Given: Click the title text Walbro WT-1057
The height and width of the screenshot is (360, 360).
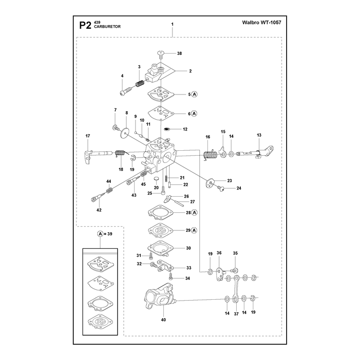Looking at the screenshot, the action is pyautogui.click(x=261, y=22).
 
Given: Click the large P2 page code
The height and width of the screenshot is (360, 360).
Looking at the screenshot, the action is pyautogui.click(x=85, y=25).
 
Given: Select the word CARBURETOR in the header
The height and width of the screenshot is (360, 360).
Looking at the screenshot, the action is pyautogui.click(x=107, y=27).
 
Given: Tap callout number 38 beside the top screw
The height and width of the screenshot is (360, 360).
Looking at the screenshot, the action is pyautogui.click(x=179, y=53).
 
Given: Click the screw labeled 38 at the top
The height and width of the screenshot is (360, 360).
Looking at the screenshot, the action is pyautogui.click(x=161, y=54).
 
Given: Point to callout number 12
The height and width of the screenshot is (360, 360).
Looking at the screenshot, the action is pyautogui.click(x=185, y=129).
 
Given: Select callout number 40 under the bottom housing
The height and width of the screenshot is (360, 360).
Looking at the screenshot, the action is pyautogui.click(x=163, y=320).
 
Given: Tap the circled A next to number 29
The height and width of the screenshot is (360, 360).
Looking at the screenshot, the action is pyautogui.click(x=194, y=230).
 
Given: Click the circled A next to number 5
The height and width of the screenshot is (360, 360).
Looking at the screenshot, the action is pyautogui.click(x=194, y=94).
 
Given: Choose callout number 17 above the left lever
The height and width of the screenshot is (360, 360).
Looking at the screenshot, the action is pyautogui.click(x=88, y=136).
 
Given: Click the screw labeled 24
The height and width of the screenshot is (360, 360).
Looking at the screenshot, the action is pyautogui.click(x=222, y=189).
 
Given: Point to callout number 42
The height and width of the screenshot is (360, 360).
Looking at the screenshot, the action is pyautogui.click(x=99, y=210).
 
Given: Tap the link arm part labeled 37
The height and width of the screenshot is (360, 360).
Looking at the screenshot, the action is pyautogui.click(x=236, y=290).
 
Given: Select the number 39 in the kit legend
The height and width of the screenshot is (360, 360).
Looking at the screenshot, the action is pyautogui.click(x=110, y=234).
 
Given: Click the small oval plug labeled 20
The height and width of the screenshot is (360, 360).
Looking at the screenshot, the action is pyautogui.click(x=156, y=179).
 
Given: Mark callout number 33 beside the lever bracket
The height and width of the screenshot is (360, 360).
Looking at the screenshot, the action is pyautogui.click(x=189, y=268).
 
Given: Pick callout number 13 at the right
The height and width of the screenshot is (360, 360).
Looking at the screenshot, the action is pyautogui.click(x=259, y=135).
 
